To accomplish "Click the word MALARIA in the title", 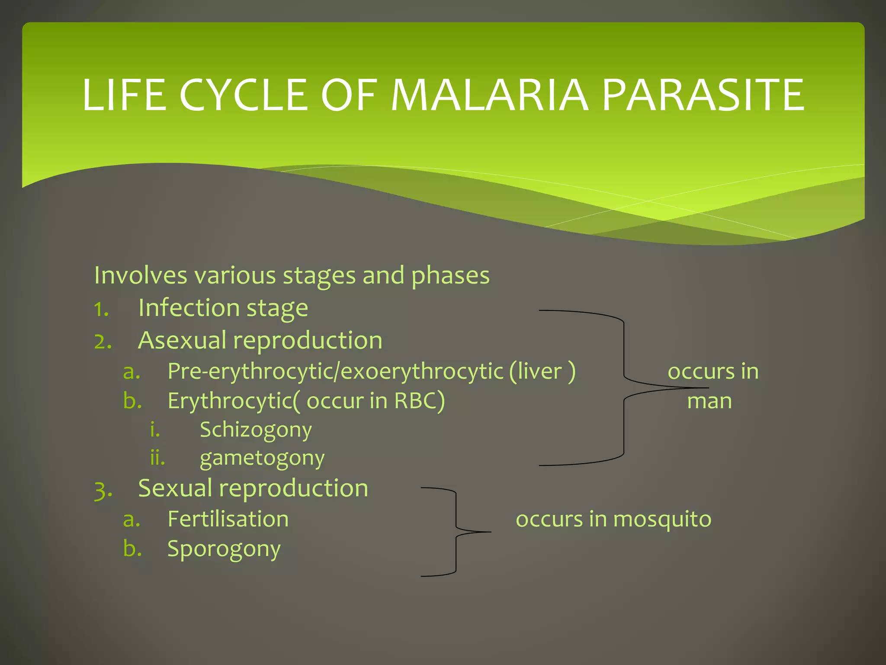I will pos(489,95).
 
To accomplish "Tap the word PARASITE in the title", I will pos(703,95).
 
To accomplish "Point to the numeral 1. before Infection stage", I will pos(101,309).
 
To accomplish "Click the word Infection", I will pos(189,308).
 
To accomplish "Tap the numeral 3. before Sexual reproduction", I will pos(103,490).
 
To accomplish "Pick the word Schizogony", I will pos(256,430).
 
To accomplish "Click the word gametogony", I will pos(262,458).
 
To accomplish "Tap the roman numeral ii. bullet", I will pos(157,458).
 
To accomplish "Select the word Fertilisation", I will pos(228,519).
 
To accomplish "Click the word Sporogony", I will pos(224,549).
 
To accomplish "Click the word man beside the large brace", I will pos(709,401).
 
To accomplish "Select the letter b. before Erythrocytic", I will pos(132,400).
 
